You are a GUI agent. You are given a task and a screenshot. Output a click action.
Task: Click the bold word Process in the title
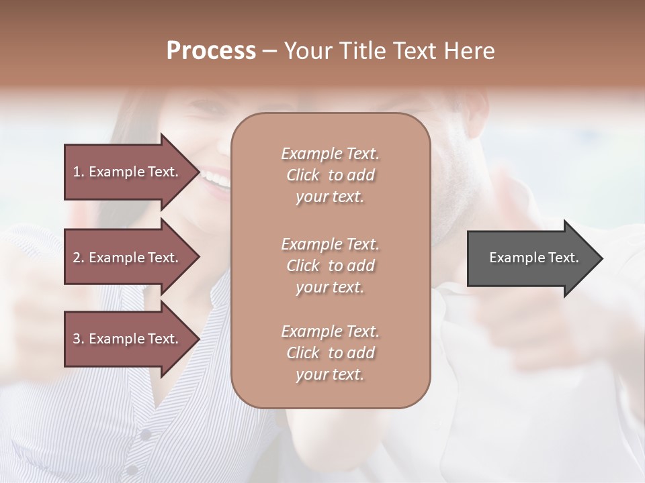[211, 51]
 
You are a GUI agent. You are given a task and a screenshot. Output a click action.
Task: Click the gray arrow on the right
[531, 258]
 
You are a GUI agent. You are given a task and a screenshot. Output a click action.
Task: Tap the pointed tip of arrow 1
[198, 172]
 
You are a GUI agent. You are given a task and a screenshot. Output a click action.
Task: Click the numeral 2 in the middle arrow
[77, 258]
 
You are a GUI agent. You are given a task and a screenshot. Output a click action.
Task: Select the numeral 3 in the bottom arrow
[77, 339]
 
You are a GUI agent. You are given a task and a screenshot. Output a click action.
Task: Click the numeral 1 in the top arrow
[77, 172]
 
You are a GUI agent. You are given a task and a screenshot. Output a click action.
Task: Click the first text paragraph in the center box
[330, 175]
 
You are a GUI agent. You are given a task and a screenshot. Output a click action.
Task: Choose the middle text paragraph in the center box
[330, 266]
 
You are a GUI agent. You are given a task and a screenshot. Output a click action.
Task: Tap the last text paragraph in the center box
[330, 353]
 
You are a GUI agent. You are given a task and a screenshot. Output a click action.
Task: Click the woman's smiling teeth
[216, 179]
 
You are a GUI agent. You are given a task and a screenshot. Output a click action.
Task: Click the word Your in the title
[308, 51]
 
